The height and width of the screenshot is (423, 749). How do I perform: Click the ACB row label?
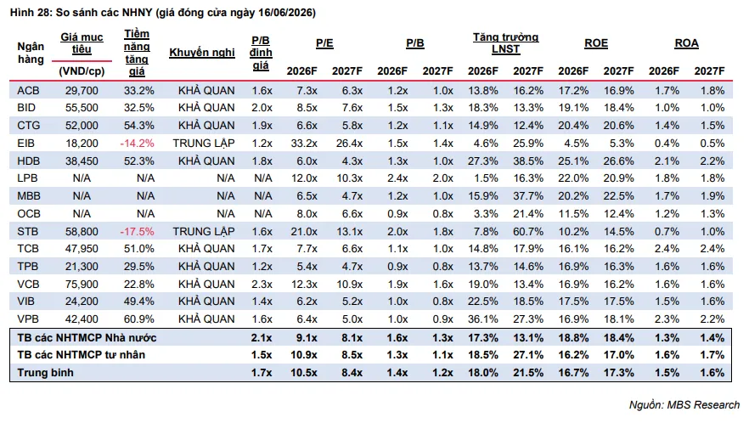point(28,90)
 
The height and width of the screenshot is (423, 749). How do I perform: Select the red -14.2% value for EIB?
point(137,144)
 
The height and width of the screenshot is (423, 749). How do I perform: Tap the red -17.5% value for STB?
point(137,232)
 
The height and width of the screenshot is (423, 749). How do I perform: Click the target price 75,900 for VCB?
point(82,285)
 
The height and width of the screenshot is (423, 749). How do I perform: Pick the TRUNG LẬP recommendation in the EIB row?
point(204,144)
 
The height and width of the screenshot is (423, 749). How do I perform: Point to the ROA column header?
point(686,43)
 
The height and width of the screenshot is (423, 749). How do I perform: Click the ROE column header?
point(596,43)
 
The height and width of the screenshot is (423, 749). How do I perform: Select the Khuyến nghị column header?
point(202,53)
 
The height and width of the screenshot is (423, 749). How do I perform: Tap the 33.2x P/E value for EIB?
point(304,144)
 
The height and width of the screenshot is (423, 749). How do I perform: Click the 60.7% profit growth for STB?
point(528,232)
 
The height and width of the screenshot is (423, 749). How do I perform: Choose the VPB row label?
point(28,319)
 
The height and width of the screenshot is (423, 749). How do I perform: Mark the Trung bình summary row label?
point(45,373)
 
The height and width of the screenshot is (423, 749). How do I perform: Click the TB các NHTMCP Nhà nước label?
point(87,338)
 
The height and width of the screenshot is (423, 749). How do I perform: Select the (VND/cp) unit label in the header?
point(82,71)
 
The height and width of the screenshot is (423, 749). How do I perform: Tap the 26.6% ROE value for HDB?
point(618,161)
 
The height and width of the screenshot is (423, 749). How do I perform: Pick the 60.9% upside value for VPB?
point(139,319)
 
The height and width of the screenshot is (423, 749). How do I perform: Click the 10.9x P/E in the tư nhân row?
point(304,355)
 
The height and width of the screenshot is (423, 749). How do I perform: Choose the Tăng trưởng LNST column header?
point(506,43)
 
